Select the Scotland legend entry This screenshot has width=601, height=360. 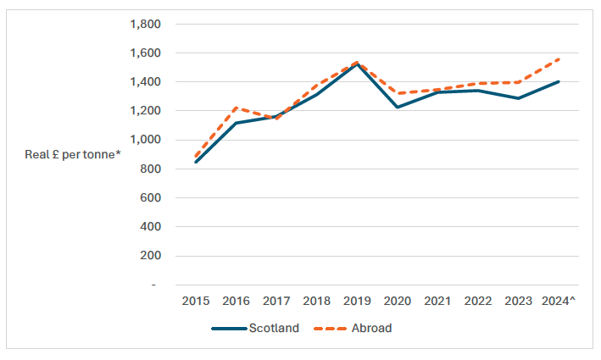click(254, 329)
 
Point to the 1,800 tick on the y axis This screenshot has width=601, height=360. click(142, 25)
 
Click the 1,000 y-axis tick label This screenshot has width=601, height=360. click(142, 140)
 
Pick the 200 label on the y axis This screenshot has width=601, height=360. click(147, 255)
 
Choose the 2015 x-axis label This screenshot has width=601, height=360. click(196, 301)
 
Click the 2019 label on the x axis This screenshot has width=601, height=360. click(356, 301)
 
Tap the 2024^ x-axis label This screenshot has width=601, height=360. click(557, 301)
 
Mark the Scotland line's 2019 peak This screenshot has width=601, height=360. click(356, 64)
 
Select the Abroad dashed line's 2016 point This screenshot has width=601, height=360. click(236, 108)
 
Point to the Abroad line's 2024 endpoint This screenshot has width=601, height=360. click(557, 59)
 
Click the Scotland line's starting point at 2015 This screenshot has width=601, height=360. click(196, 162)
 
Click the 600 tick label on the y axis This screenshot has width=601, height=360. click(147, 197)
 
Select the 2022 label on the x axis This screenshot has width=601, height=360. click(476, 301)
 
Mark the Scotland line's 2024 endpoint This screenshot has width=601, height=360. click(557, 82)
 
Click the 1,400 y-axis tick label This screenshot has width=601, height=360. click(142, 82)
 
